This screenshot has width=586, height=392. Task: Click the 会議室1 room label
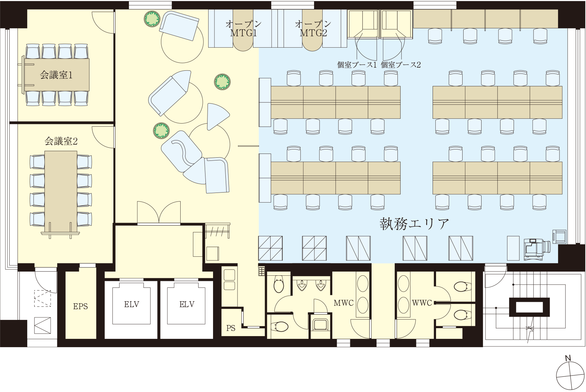(x=56, y=75)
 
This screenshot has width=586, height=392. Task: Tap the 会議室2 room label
(x=61, y=141)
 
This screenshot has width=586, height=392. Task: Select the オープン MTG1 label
(x=243, y=29)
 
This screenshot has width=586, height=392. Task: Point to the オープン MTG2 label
(x=313, y=29)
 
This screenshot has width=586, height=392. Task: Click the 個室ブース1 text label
(x=357, y=65)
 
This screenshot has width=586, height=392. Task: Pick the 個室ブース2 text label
(x=401, y=65)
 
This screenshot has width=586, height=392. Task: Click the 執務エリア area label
(x=414, y=224)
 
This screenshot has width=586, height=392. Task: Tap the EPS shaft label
(x=80, y=306)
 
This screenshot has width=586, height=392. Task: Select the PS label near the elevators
(x=231, y=328)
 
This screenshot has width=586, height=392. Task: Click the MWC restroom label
(x=343, y=303)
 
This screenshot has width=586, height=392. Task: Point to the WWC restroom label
(x=422, y=303)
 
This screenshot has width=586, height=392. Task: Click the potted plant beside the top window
(x=152, y=19)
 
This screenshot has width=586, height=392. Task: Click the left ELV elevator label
(x=132, y=304)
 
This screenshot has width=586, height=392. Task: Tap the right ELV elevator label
(x=187, y=304)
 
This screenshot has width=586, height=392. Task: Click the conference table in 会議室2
(x=61, y=191)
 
